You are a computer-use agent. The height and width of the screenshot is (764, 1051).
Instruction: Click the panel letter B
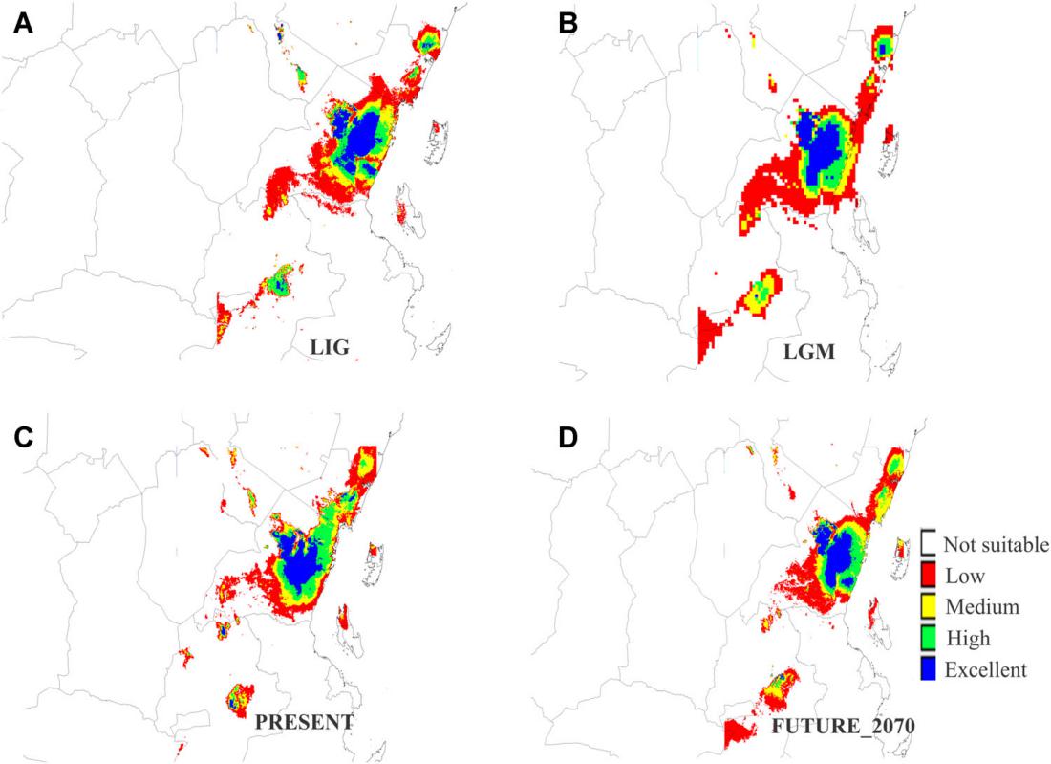click(x=568, y=24)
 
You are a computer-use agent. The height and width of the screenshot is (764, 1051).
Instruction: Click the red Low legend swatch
click(x=928, y=576)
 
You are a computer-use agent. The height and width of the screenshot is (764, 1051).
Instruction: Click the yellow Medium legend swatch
click(x=928, y=606)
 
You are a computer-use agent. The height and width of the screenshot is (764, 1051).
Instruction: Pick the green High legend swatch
click(x=928, y=638)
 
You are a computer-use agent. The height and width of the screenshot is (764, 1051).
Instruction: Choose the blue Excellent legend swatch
click(x=928, y=669)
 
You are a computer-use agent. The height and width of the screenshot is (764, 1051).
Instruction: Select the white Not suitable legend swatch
click(x=928, y=543)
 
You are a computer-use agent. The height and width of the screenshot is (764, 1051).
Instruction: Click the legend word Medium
click(x=981, y=606)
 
